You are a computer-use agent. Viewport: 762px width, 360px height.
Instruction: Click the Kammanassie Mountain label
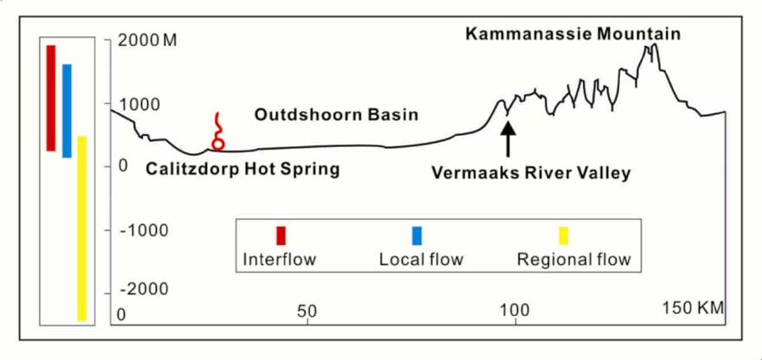pyautogui.click(x=572, y=34)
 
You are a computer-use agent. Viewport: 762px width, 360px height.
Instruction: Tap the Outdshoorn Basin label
pyautogui.click(x=336, y=114)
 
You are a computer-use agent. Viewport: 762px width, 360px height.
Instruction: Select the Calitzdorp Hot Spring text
pyautogui.click(x=242, y=169)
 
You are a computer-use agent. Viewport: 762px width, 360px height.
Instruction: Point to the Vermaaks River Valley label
pyautogui.click(x=531, y=172)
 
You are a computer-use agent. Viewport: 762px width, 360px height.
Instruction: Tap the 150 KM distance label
pyautogui.click(x=692, y=308)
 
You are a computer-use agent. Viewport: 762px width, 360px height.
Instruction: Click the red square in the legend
pyautogui.click(x=280, y=235)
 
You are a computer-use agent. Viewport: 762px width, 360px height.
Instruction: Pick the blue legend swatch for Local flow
pyautogui.click(x=417, y=235)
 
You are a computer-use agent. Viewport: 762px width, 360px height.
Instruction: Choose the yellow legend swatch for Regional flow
pyautogui.click(x=563, y=235)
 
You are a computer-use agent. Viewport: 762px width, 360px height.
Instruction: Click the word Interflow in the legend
pyautogui.click(x=280, y=259)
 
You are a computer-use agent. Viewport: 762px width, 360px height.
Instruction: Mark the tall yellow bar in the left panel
pyautogui.click(x=81, y=228)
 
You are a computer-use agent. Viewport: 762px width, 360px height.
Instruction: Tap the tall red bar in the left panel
pyautogui.click(x=51, y=98)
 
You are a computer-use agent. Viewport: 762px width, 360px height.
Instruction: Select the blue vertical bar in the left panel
pyautogui.click(x=67, y=111)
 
